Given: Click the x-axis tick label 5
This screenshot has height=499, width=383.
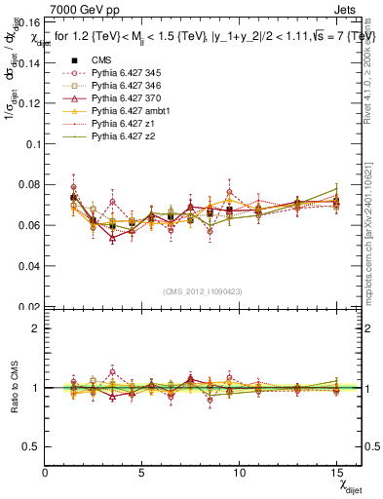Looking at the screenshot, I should tap(142, 473).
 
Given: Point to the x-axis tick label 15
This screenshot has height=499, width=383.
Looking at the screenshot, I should tap(337, 473).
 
